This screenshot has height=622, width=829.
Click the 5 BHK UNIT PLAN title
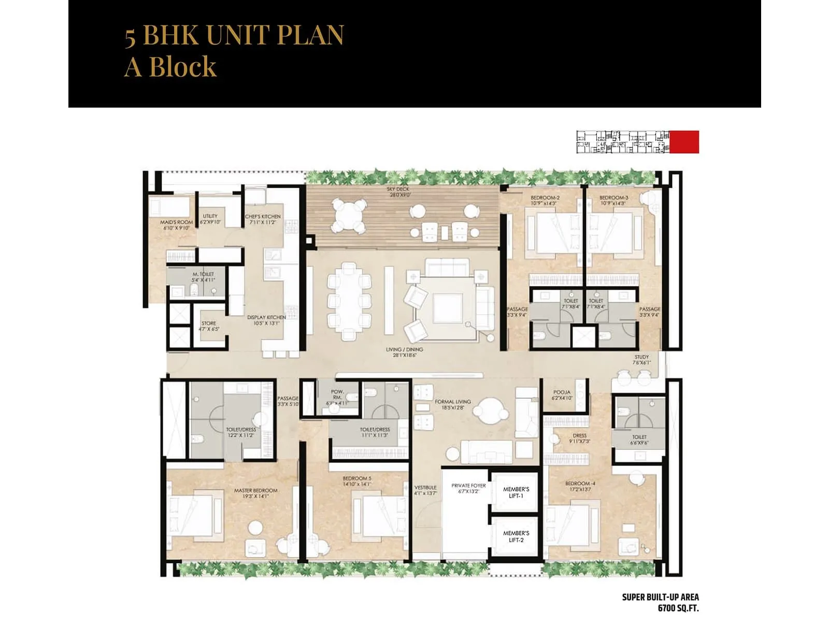tap(234, 35)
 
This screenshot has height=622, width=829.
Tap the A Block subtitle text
tap(170, 67)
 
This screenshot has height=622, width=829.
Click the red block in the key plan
tap(684, 142)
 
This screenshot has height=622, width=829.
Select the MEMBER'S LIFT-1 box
tap(516, 492)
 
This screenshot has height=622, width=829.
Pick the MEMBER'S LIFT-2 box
tap(516, 536)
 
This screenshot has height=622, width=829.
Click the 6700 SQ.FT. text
tap(678, 608)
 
